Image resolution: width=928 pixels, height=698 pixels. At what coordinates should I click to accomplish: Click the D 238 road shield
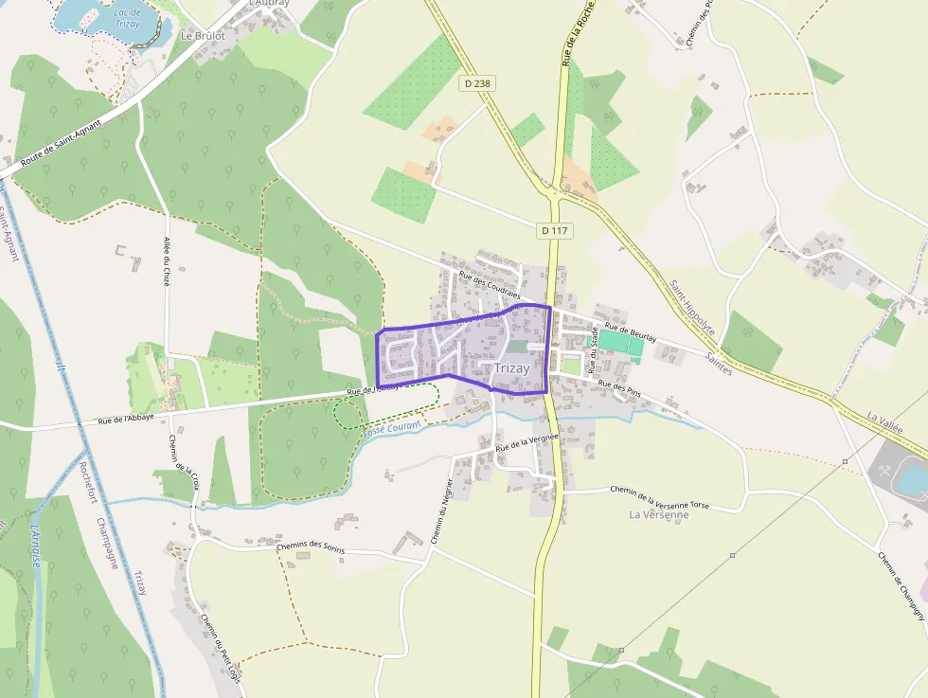click(478, 83)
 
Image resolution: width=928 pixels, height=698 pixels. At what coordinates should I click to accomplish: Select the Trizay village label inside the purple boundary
click(512, 367)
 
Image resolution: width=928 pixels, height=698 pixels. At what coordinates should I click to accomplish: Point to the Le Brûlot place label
click(203, 35)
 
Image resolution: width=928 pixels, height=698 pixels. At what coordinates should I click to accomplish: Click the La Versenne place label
click(658, 514)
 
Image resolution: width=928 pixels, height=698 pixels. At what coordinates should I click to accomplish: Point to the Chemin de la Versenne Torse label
click(659, 497)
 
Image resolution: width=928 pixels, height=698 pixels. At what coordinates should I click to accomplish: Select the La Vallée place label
click(884, 421)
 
